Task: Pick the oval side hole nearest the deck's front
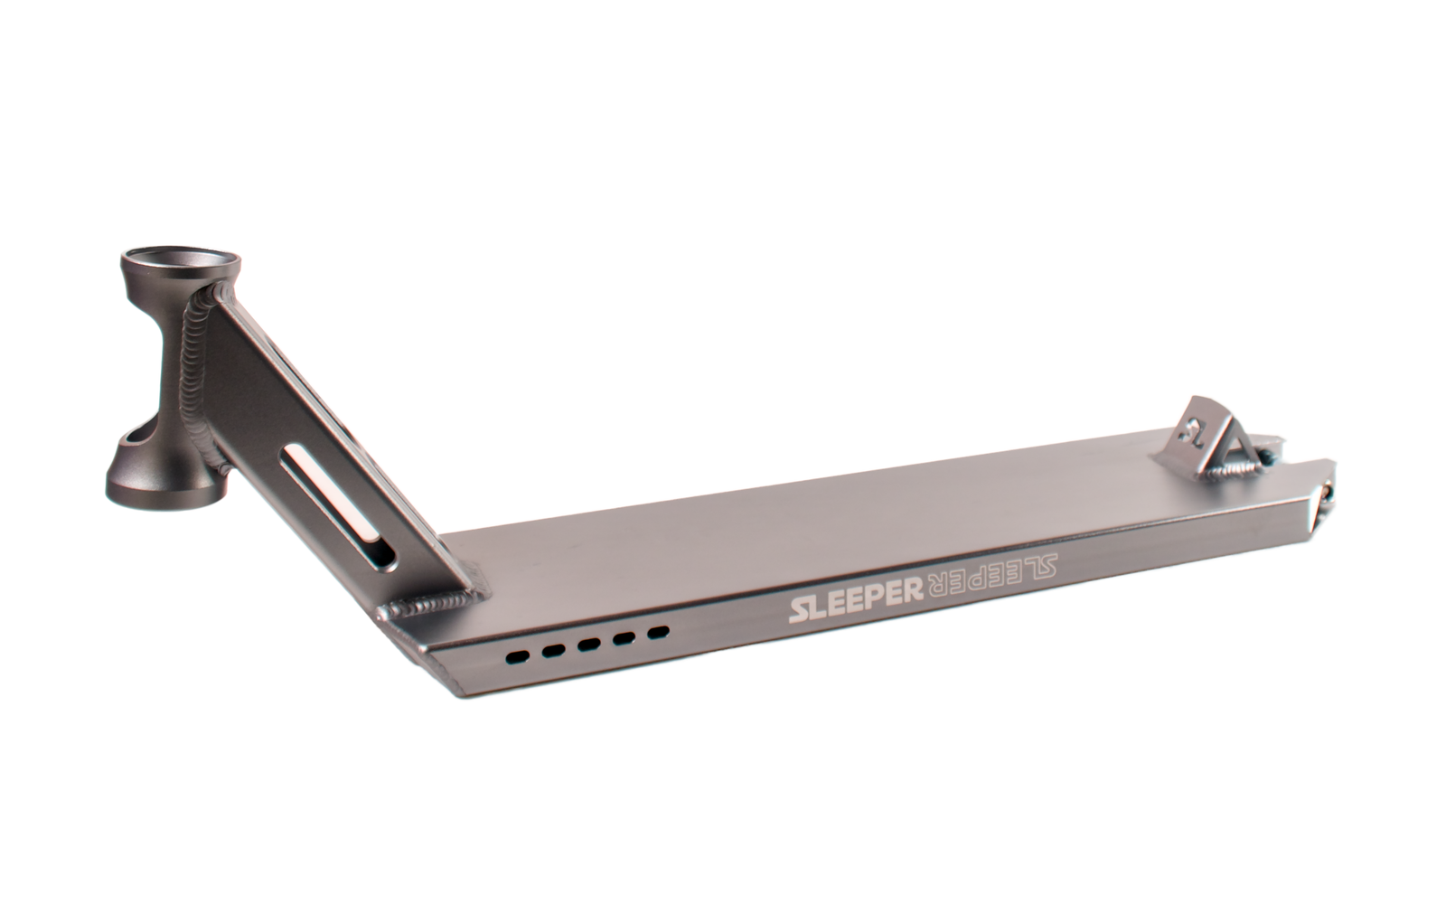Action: coord(518,657)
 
